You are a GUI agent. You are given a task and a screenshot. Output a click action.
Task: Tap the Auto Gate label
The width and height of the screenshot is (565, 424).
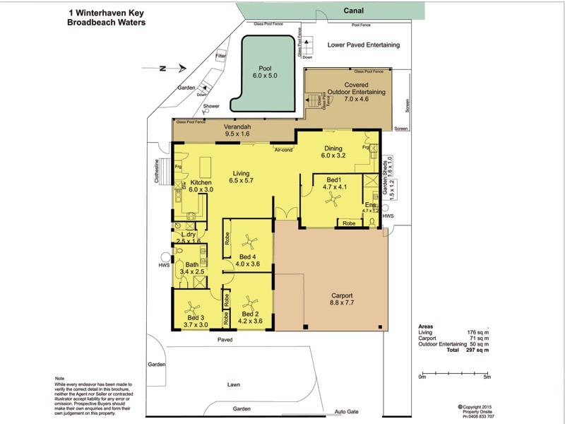347,411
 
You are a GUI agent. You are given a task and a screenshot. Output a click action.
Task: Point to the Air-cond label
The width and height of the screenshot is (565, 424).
284,149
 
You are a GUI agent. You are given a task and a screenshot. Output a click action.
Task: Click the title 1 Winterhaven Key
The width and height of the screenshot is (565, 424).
106,12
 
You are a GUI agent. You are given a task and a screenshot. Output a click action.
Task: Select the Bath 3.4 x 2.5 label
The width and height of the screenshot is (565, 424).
192,268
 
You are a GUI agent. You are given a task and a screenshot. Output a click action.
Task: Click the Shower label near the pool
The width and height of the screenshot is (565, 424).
211,107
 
